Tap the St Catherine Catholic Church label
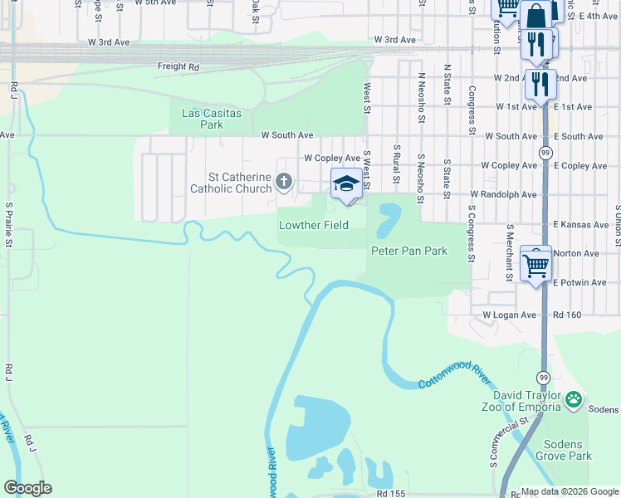click(230, 182)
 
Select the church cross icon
click(284, 180)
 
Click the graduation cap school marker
click(346, 183)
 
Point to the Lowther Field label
click(313, 225)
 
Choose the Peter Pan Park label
click(408, 251)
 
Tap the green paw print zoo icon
click(574, 400)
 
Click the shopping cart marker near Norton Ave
click(536, 265)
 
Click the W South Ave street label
click(287, 134)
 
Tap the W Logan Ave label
click(510, 315)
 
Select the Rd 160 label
click(568, 315)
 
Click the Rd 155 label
click(390, 493)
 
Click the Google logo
click(27, 488)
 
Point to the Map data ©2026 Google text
click(570, 491)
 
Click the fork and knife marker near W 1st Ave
click(540, 83)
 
